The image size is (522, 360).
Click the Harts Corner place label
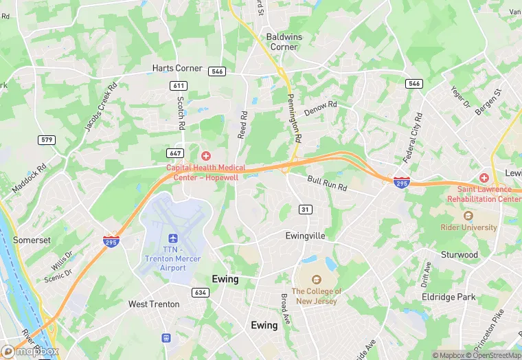tap(177, 69)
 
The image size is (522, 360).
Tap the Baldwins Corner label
tap(283, 41)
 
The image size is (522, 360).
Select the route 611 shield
tap(179, 85)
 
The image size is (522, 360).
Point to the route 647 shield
tap(174, 153)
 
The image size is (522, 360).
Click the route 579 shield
tap(47, 140)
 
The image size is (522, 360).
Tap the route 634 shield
tap(201, 293)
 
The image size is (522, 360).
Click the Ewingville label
tap(305, 236)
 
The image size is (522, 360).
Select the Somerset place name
tap(32, 240)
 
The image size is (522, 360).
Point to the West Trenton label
tap(154, 304)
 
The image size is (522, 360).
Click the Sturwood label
tap(459, 255)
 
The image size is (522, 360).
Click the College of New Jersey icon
tap(317, 280)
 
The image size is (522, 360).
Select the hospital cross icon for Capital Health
tap(205, 156)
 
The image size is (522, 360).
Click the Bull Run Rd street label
tap(328, 184)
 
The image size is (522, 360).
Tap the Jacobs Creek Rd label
tap(97, 110)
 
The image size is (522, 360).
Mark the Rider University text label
tap(470, 227)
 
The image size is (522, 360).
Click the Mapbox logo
tap(30, 351)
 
